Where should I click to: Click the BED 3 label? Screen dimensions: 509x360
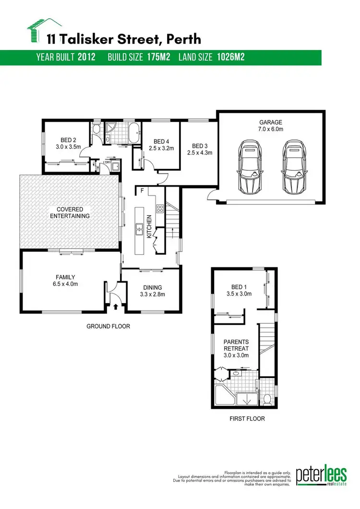(199, 146)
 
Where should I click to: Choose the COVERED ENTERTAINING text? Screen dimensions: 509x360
(70, 213)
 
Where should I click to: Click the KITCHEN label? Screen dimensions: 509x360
(149, 226)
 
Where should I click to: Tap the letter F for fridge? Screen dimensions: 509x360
(142, 191)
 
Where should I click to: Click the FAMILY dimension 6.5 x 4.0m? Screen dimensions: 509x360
(65, 284)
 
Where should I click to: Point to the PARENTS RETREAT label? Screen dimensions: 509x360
(236, 345)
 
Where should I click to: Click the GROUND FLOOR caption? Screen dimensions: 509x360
(108, 327)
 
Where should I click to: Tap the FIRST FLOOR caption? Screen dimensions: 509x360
(247, 419)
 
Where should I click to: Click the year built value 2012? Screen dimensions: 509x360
(86, 58)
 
